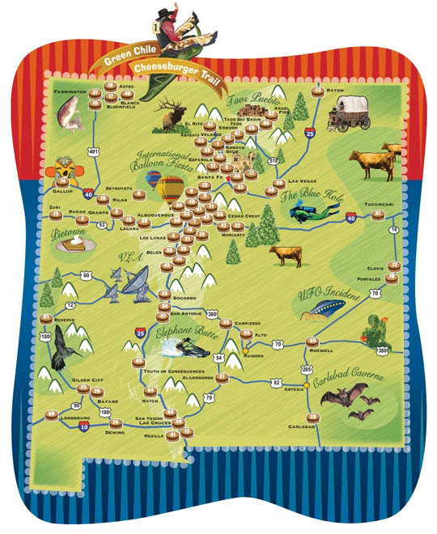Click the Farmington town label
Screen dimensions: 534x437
point(70,92)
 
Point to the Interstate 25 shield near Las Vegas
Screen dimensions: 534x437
point(312,130)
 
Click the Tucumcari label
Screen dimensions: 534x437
point(378,206)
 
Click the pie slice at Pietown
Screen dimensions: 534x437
point(77,241)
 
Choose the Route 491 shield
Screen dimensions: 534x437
point(95,151)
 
